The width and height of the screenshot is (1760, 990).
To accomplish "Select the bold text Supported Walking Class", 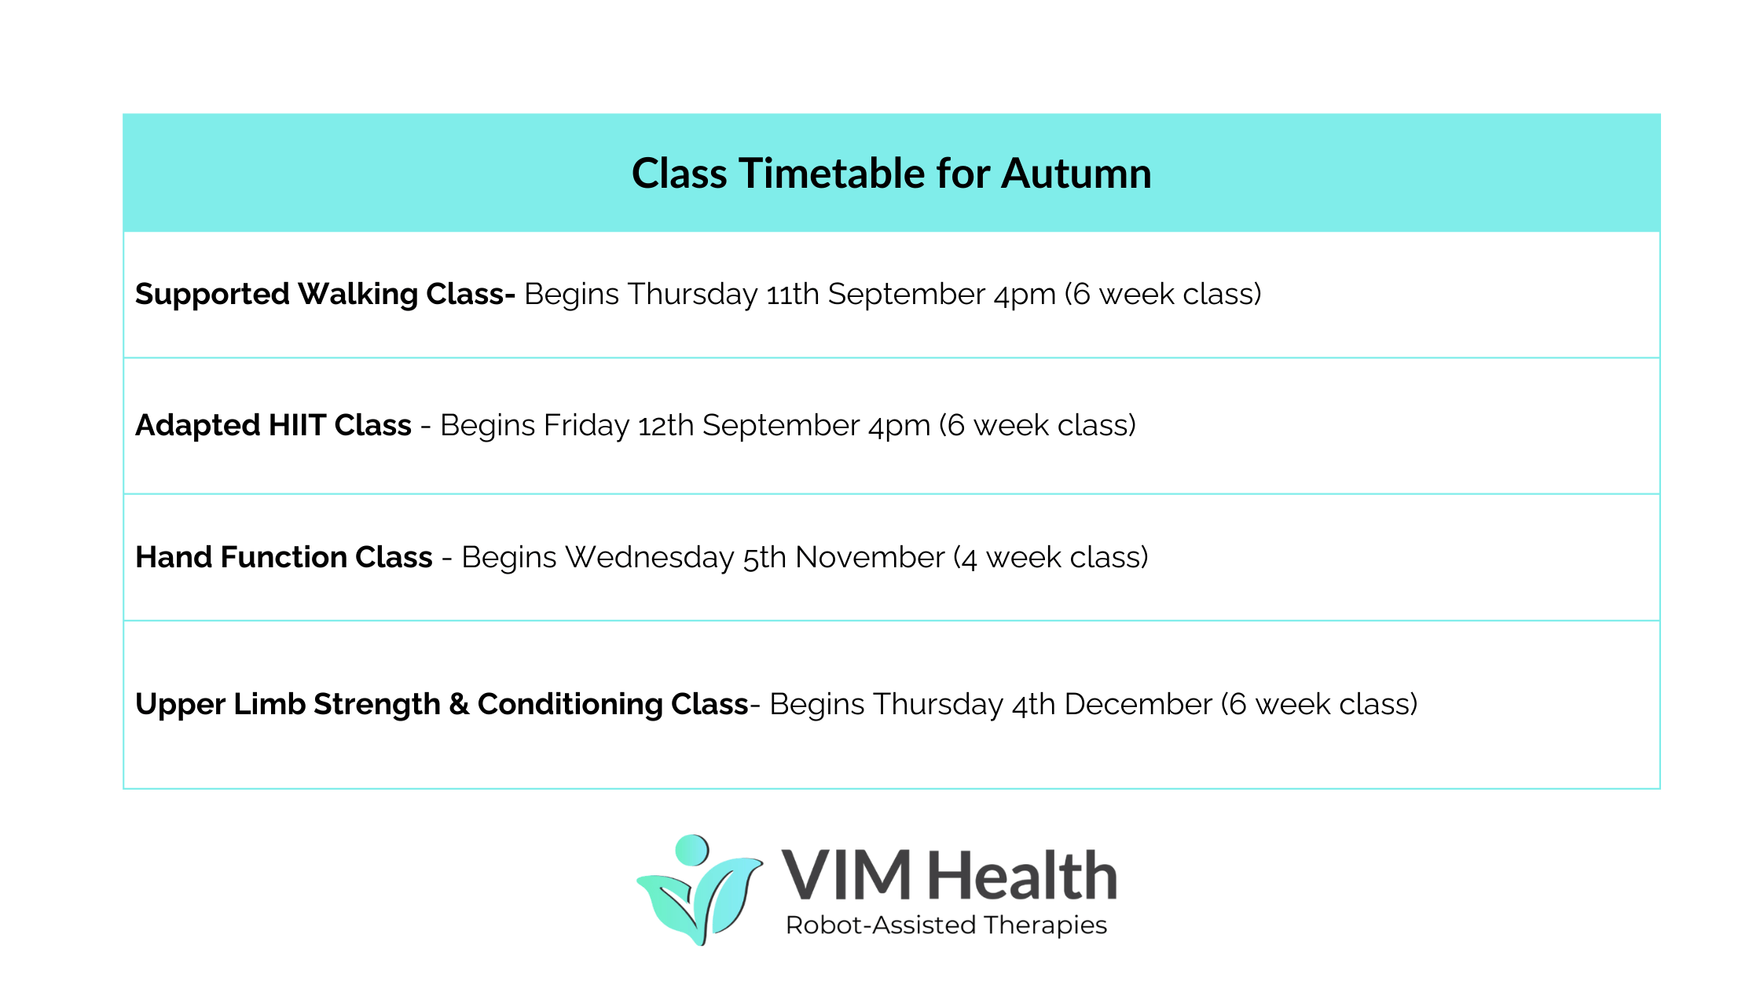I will (x=324, y=294).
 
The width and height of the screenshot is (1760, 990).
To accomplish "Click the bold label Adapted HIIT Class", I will (x=273, y=425).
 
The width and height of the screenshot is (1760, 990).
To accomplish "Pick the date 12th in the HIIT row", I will (x=665, y=425).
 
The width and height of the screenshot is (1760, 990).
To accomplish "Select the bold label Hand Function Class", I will (x=284, y=557).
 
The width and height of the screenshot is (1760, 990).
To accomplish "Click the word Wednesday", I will (x=650, y=557).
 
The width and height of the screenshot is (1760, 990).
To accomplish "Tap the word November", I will (x=870, y=557).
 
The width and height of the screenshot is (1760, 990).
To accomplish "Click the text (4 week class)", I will (x=1050, y=557).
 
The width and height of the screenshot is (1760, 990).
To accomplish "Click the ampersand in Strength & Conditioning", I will (x=459, y=704).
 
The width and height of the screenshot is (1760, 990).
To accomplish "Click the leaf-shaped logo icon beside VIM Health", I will (x=699, y=896).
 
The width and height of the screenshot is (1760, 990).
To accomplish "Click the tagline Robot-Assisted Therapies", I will (x=946, y=925).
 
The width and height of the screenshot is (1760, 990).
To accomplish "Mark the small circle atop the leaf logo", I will (x=692, y=849).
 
